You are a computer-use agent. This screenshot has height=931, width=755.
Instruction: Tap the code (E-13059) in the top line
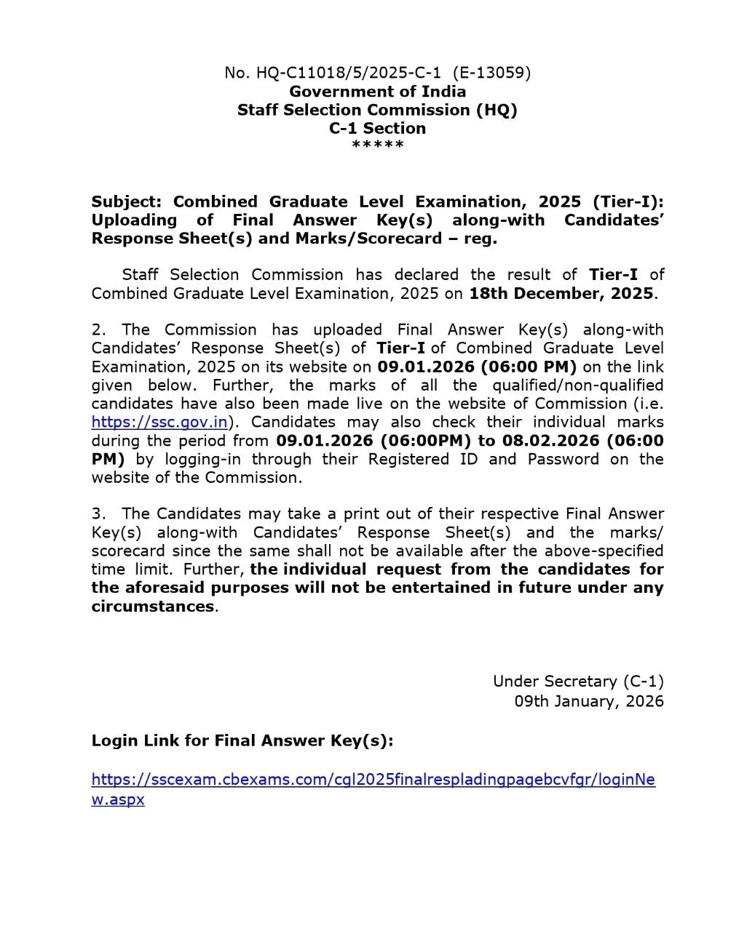click(491, 73)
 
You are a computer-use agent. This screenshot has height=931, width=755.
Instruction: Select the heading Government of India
click(377, 92)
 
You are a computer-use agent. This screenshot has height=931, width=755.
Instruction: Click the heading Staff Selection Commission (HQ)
click(377, 110)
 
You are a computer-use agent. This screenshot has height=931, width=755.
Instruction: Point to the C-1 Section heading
click(377, 128)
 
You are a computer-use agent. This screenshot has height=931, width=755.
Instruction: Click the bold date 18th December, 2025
click(561, 293)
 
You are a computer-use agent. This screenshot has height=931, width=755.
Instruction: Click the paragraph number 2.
click(98, 329)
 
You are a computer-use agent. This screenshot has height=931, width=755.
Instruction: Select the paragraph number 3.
click(98, 514)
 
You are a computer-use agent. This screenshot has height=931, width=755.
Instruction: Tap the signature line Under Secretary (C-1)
click(578, 682)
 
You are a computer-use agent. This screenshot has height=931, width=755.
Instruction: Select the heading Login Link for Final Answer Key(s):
click(242, 740)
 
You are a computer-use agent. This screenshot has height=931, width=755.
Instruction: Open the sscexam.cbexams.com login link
click(373, 780)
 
